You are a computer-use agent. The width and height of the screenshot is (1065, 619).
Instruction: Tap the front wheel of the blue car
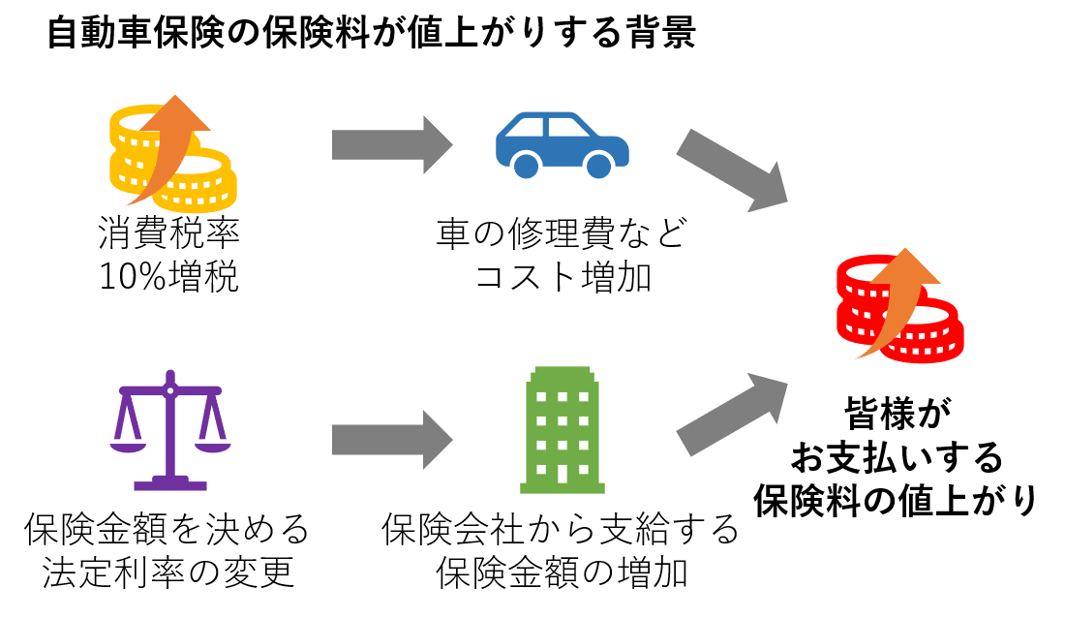tap(599, 166)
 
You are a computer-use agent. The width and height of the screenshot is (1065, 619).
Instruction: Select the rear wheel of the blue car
tap(526, 166)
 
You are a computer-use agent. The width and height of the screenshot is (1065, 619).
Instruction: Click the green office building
tap(563, 430)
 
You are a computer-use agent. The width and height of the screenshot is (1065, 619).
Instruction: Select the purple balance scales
tap(170, 431)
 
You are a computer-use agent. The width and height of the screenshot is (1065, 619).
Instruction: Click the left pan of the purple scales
tap(128, 447)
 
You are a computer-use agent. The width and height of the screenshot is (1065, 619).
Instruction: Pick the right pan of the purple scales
tap(213, 447)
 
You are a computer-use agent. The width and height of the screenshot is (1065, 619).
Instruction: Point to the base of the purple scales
tap(170, 484)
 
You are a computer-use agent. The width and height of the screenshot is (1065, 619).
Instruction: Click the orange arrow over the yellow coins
tap(165, 145)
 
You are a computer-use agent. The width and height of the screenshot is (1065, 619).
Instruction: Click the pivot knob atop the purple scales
tap(170, 388)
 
